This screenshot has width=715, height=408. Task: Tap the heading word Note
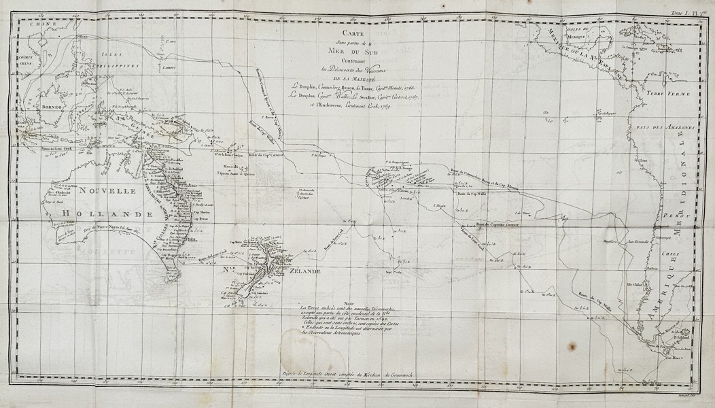(x=350, y=303)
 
